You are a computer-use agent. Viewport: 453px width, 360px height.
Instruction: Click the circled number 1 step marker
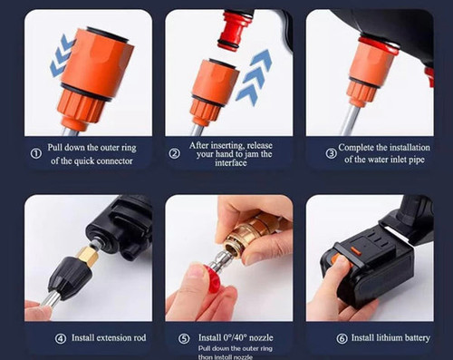pos(34,153)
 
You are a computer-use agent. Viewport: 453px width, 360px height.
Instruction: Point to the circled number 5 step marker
pos(184,338)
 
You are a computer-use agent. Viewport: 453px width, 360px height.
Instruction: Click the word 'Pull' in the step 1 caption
pos(58,147)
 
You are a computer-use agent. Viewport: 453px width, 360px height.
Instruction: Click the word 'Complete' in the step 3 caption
pos(361,147)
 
